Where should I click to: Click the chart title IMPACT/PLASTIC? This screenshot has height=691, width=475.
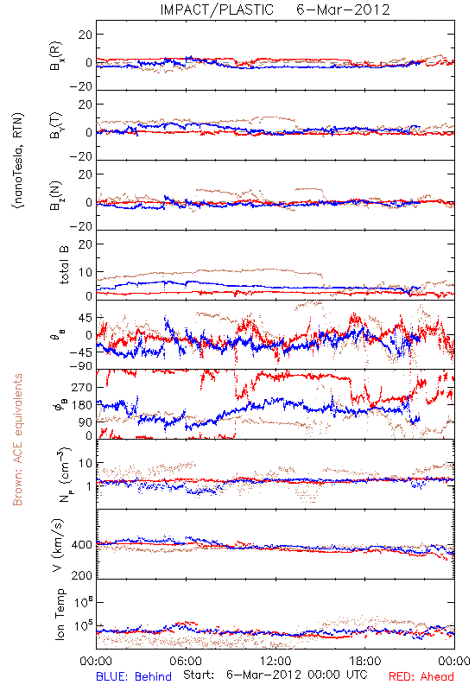coord(217,10)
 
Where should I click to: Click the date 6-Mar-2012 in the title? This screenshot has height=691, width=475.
coord(343,10)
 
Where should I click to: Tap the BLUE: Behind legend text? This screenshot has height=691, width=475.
coord(134,676)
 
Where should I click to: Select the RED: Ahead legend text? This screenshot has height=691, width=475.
coord(421,676)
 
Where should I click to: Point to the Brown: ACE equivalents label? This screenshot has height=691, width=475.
coord(17,440)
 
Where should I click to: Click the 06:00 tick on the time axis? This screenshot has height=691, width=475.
coord(186,661)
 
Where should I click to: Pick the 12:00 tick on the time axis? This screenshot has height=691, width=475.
coord(275,661)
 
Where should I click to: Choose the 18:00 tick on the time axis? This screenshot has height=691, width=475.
coord(365,661)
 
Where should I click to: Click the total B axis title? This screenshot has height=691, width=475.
coord(64,265)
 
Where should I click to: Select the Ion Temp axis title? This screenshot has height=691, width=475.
coord(60,614)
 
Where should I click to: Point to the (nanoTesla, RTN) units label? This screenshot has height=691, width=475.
coord(18,160)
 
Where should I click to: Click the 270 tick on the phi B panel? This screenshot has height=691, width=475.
coord(82,388)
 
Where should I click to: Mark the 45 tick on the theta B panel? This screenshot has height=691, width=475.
coord(85,318)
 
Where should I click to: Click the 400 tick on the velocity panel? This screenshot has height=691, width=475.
coord(82,545)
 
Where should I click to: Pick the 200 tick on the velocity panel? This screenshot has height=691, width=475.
coord(82,575)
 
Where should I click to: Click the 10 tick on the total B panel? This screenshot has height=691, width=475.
coord(85,272)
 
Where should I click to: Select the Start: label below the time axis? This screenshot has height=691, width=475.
coord(199,675)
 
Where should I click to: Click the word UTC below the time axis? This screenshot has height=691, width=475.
coord(354,675)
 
